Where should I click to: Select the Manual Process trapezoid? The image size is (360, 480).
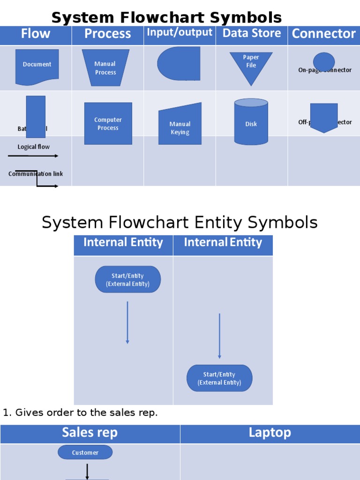[x=105, y=68]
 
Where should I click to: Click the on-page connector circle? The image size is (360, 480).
[x=324, y=61]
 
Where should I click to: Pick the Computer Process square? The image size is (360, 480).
[x=108, y=124]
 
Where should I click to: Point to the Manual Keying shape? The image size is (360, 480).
[x=180, y=126]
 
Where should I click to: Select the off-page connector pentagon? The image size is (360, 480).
[x=324, y=117]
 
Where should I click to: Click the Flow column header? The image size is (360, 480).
[x=36, y=34]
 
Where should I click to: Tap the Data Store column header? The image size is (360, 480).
[x=252, y=33]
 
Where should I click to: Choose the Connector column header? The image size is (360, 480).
[x=323, y=34]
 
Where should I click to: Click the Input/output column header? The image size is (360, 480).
[x=180, y=32]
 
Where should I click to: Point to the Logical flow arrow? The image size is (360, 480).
[x=34, y=156]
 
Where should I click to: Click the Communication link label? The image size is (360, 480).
[x=36, y=174]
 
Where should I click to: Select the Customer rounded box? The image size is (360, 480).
[x=85, y=452]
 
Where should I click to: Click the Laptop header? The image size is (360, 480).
[x=270, y=433]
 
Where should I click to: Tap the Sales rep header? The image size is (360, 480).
[x=90, y=433]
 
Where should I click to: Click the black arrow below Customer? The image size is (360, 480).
[x=87, y=471]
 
